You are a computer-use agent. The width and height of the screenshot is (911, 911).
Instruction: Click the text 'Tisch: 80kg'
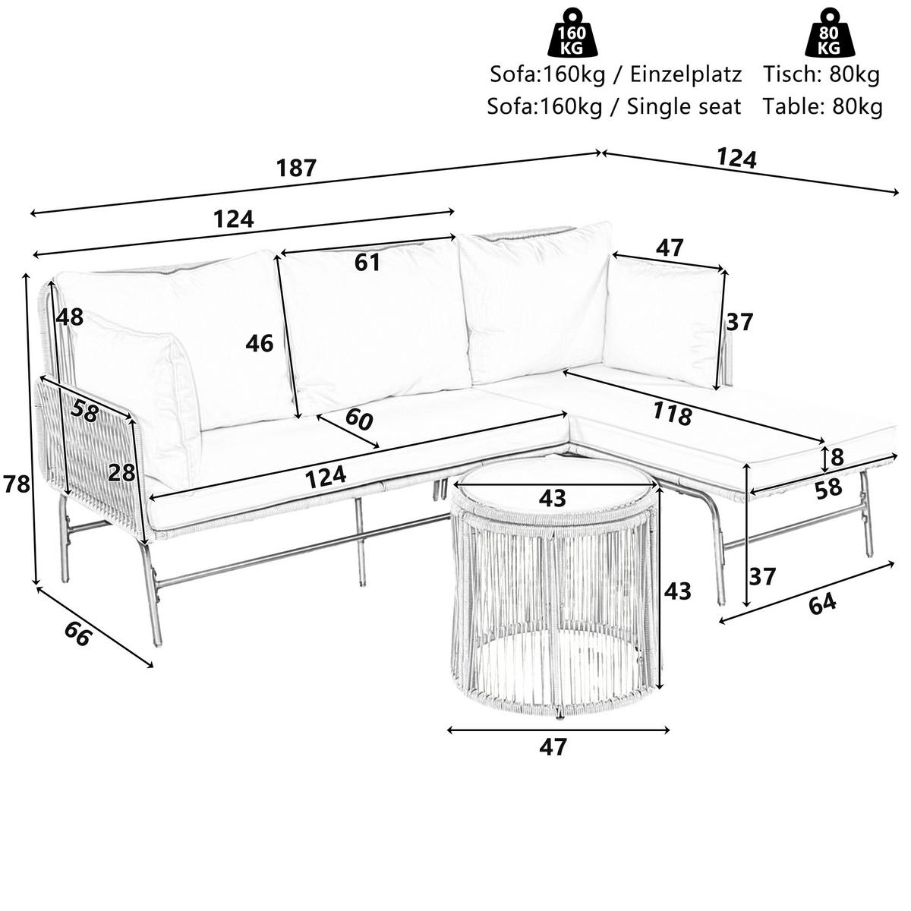[822, 74]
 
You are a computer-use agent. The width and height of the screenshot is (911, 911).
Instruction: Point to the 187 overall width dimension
[296, 169]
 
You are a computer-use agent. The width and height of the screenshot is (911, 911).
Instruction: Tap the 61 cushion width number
[367, 263]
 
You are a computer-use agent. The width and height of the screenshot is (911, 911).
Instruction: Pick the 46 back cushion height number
[260, 344]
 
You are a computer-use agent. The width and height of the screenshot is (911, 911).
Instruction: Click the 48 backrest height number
[69, 317]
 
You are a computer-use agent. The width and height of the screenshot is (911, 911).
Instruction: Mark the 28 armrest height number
[121, 473]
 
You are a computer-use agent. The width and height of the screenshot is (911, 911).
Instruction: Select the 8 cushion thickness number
[837, 458]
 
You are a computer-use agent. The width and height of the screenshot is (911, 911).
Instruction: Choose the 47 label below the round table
[553, 747]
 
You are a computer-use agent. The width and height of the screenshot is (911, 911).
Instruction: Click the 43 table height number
[677, 591]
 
